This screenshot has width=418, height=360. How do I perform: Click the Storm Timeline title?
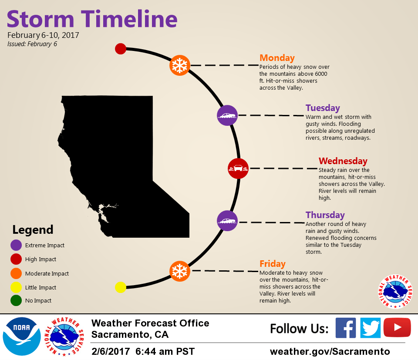point(92,19)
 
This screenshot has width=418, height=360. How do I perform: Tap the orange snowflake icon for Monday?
point(180,65)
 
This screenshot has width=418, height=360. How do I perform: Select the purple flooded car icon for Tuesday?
point(227,115)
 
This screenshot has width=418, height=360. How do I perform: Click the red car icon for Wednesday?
point(238,168)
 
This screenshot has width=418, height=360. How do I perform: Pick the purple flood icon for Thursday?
point(227,221)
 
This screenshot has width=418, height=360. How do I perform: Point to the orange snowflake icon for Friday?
point(180,271)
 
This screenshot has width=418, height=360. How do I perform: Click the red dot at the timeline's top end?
point(121,49)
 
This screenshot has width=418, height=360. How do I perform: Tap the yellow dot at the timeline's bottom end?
point(121,287)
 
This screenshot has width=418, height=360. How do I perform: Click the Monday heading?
point(277,58)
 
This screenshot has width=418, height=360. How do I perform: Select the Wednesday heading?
point(343,161)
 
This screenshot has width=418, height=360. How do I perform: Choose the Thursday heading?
point(325,215)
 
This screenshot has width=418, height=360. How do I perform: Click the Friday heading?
point(273,263)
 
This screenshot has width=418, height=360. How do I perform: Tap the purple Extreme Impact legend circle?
point(16,245)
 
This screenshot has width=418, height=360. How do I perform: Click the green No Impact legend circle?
point(16,300)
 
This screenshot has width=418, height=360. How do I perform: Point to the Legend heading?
point(33,230)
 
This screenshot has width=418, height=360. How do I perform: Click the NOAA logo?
point(22,336)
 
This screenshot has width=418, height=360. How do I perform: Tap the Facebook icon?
point(345,328)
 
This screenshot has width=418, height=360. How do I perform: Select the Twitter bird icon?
point(370,328)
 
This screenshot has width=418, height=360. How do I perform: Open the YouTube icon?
point(397,327)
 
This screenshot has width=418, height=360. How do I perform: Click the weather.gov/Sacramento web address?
point(330,351)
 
